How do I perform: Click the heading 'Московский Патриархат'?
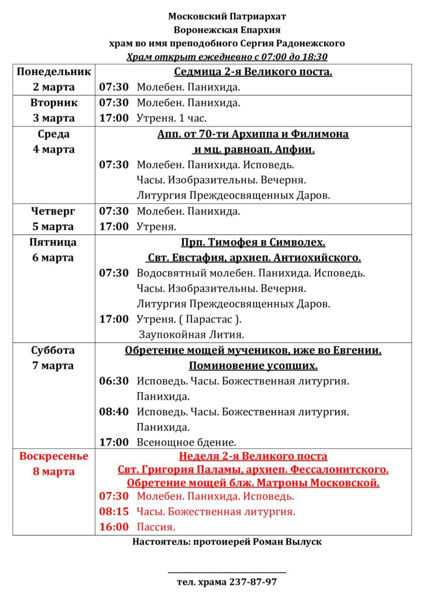coord(227,16)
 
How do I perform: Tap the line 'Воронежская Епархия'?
coord(227,30)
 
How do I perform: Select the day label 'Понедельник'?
coord(54,72)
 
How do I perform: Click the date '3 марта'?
coord(54,118)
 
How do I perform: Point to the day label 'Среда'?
coord(54,134)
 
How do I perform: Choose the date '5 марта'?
coord(54,226)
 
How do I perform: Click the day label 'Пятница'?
coord(54,242)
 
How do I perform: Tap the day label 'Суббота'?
coord(54,350)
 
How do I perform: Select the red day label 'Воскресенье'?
coord(54,456)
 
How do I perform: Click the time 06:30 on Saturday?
coord(114,381)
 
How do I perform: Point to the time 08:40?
coord(114,412)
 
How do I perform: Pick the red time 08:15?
coord(114,512)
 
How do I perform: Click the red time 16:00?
coord(114,527)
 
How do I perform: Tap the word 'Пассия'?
coord(156,527)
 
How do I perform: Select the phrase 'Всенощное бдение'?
coord(186,442)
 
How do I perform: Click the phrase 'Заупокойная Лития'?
coord(191,335)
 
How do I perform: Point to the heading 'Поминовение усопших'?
coord(253,366)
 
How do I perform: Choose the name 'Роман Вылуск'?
coord(287,542)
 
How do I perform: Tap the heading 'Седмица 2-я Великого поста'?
coord(253,72)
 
